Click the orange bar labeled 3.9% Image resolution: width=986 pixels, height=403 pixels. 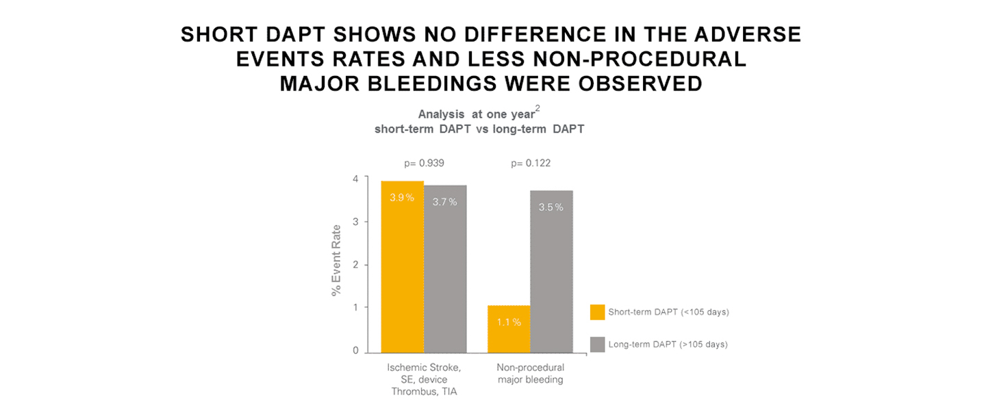click(403, 267)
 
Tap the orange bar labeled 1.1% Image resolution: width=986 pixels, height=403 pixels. click(509, 329)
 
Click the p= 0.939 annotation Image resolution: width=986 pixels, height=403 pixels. click(425, 164)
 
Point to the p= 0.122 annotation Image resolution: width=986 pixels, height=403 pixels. click(531, 164)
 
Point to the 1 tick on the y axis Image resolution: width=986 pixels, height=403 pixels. click(355, 308)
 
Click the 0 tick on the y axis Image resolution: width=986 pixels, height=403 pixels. click(355, 351)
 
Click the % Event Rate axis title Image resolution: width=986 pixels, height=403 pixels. click(336, 261)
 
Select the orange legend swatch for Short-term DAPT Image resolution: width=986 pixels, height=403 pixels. click(597, 312)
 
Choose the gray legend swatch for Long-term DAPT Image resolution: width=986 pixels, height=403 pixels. click(597, 344)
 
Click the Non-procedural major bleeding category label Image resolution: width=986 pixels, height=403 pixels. click(530, 374)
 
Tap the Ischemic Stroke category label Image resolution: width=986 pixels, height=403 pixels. click(425, 367)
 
